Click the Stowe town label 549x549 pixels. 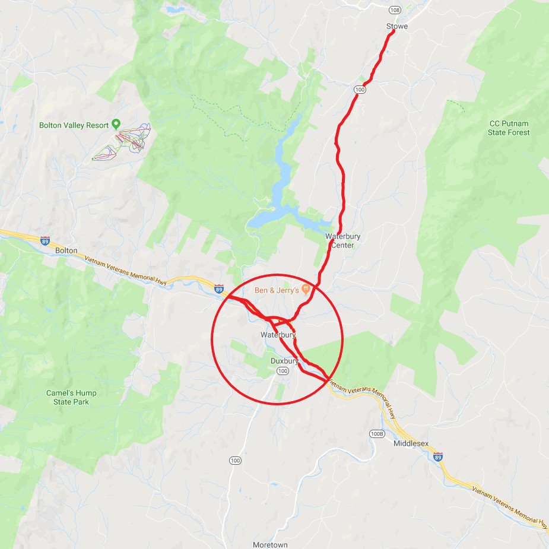397,26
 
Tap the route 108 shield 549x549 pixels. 395,10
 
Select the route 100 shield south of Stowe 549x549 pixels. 360,89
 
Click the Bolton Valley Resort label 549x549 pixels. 74,125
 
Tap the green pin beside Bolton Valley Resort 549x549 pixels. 116,124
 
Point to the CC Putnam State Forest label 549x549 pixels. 509,128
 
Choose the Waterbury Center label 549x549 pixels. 342,240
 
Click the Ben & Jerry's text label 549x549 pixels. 277,290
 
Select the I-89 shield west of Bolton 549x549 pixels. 45,240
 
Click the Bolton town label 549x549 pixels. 66,250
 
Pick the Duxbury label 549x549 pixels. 284,360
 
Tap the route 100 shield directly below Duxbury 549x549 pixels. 283,371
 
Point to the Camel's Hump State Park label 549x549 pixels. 71,397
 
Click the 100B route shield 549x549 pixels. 376,433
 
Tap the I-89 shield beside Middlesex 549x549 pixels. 437,456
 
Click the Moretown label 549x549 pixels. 270,544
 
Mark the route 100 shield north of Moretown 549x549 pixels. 236,461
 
